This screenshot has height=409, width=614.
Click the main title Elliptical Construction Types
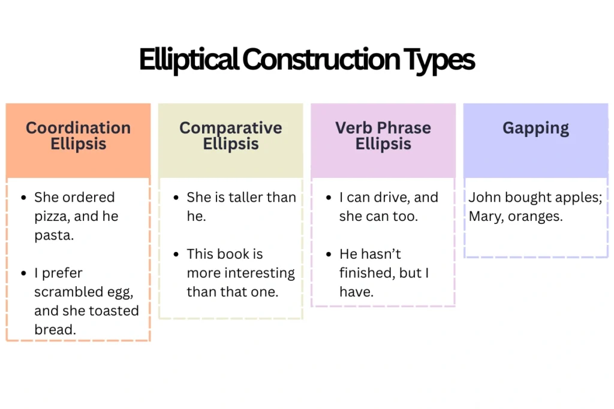tap(306, 60)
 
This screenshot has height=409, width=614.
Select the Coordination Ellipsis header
tap(78, 136)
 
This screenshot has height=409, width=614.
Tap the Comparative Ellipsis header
tap(230, 136)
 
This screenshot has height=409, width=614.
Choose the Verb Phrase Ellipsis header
tap(383, 136)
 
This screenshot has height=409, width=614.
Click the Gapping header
tap(535, 128)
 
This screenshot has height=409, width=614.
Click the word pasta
tap(53, 235)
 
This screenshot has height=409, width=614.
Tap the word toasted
tap(113, 311)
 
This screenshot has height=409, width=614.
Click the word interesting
tap(258, 274)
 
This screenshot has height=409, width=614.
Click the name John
tap(483, 198)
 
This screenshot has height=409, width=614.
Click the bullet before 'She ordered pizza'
tap(23, 198)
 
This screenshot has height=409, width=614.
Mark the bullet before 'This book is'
tap(175, 255)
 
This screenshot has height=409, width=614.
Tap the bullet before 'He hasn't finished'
tap(328, 255)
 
